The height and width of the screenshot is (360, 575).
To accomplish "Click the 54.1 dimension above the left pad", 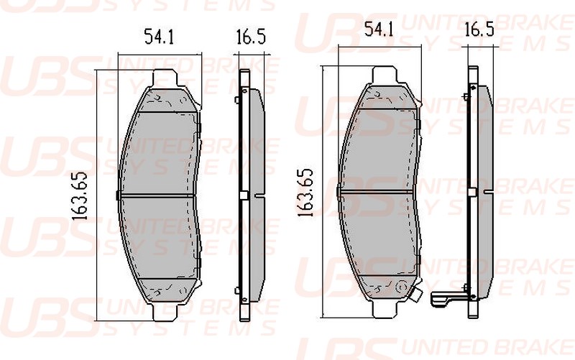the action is coord(159,37).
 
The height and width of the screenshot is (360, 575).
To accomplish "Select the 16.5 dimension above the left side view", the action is coord(250,37).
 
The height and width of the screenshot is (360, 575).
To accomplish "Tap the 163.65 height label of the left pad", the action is coord(80,195).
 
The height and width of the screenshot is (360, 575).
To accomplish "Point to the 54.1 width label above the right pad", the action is coord(379,29).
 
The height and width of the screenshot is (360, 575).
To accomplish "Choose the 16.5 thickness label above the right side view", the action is coord(479,29).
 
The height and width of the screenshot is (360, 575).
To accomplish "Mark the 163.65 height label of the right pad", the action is coord(305,192).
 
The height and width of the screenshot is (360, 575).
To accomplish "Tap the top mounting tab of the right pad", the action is coord(385,75).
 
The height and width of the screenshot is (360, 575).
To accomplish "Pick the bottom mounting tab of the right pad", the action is coord(385,308).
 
